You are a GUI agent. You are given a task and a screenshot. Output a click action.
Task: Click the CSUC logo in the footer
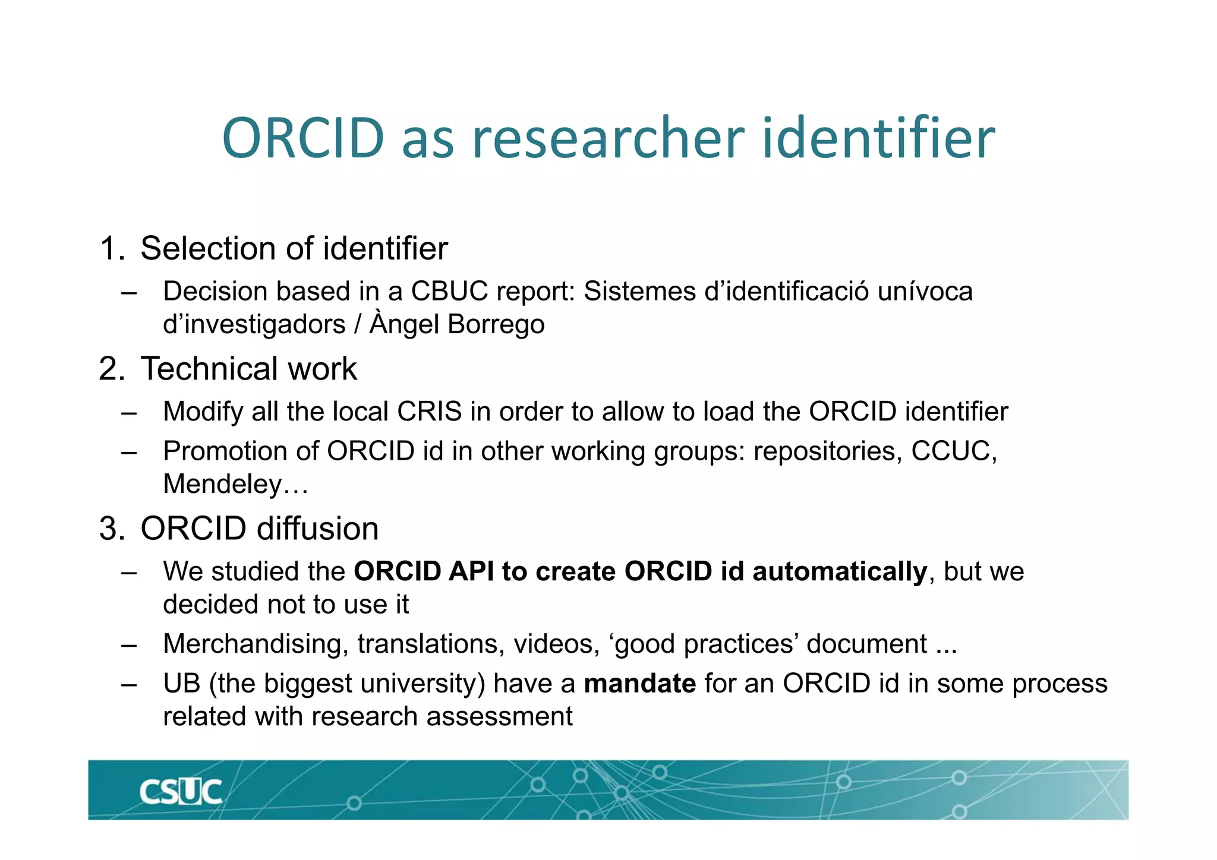[x=181, y=792]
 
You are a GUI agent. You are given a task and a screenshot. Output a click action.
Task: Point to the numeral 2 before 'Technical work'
[x=109, y=369]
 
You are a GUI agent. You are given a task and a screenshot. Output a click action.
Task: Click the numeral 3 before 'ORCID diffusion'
[x=109, y=529]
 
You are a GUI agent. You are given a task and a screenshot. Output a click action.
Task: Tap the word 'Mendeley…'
[x=235, y=484]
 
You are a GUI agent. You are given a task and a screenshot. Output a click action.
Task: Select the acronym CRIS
[x=429, y=412]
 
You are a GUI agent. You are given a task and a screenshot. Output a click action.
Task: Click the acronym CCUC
[x=953, y=451]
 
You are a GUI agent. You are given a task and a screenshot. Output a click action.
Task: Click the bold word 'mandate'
[x=639, y=684]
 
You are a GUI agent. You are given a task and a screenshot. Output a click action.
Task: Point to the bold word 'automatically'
[x=839, y=571]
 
